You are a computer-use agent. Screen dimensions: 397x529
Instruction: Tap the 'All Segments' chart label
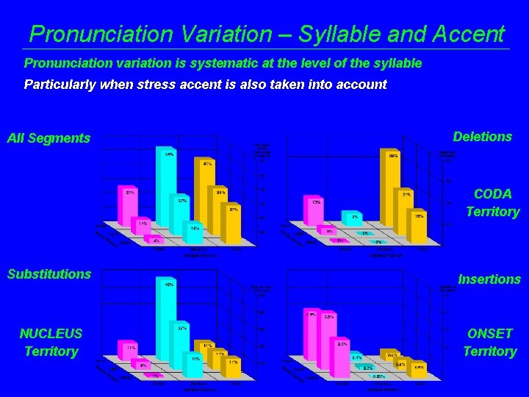point(48,138)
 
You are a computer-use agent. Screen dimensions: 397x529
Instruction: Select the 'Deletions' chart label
point(482,137)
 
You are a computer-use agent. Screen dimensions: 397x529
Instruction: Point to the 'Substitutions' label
point(49,274)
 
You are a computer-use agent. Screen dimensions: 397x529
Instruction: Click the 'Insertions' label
point(489,279)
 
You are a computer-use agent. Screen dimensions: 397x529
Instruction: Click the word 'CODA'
point(493,194)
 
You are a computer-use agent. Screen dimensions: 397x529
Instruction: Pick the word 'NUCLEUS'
point(51,333)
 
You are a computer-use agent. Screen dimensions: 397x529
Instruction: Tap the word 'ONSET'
point(489,333)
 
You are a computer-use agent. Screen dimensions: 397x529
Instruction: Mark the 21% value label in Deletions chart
point(406,193)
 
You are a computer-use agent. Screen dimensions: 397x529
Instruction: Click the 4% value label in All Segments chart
point(156,240)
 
